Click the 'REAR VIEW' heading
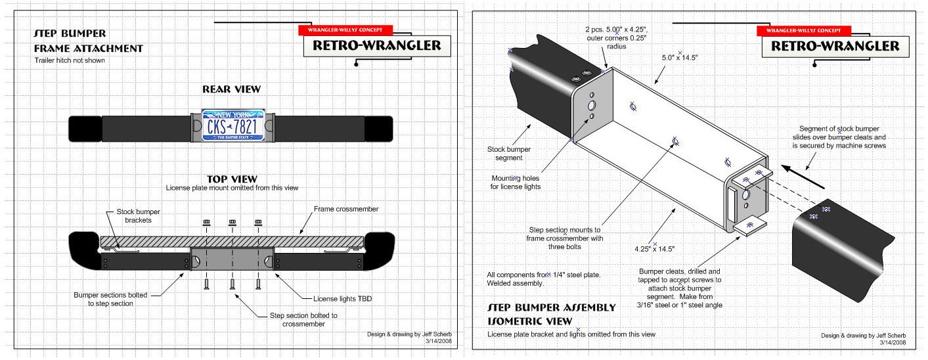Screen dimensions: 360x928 [x=231, y=89]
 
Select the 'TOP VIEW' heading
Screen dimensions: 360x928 [x=232, y=179]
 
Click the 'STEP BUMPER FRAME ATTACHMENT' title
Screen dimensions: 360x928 [x=88, y=41]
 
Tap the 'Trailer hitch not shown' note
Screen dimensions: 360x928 [x=70, y=60]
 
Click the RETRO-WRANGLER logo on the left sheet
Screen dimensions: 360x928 [x=377, y=46]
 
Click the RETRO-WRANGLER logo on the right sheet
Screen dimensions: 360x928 [x=835, y=46]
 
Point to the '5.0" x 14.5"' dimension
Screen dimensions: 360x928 [x=679, y=58]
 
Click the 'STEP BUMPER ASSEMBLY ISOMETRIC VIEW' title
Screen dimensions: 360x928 [x=552, y=313]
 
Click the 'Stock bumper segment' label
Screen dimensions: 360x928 [x=509, y=154]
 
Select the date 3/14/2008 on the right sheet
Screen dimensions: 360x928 [x=891, y=342]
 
